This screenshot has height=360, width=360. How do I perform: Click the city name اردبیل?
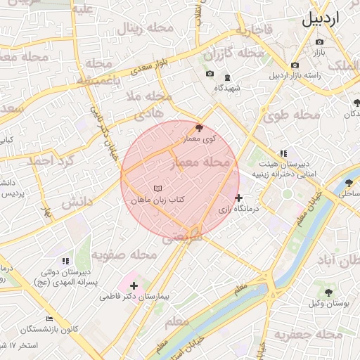[x=330, y=19]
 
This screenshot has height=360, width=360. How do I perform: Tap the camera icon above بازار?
[x=320, y=41]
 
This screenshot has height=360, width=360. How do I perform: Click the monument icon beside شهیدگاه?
[x=226, y=77]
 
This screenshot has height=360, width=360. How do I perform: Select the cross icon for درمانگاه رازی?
[x=240, y=198]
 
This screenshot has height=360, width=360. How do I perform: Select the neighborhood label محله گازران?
[x=234, y=54]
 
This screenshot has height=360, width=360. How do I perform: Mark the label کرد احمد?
[x=50, y=161]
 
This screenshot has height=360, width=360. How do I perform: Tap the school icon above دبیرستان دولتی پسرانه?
[x=65, y=261]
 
